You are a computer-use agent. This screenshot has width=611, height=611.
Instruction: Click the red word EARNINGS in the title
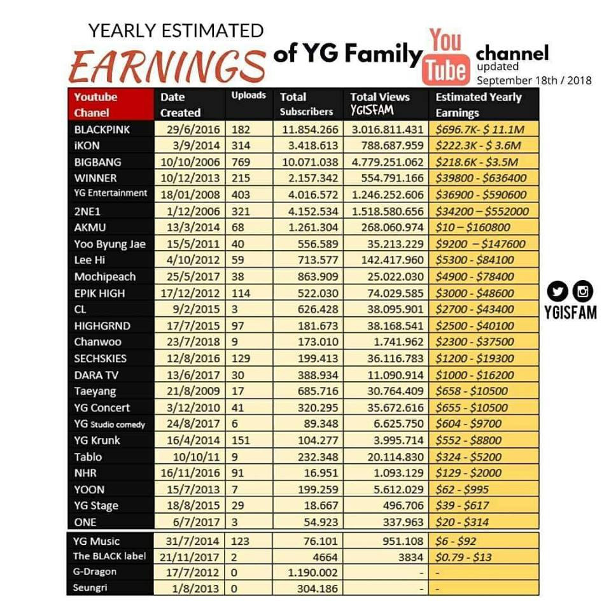click(167, 66)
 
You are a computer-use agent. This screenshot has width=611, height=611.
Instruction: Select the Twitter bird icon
click(558, 291)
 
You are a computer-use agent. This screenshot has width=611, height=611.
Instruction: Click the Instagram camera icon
click(583, 291)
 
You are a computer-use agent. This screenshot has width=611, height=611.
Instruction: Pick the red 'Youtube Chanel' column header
click(110, 105)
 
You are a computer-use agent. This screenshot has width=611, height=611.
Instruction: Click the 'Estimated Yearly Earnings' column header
click(478, 105)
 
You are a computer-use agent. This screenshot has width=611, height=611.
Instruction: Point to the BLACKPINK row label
click(102, 129)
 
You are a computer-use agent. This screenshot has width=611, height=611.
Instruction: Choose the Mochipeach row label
click(105, 277)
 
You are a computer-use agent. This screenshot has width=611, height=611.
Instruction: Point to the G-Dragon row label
click(95, 572)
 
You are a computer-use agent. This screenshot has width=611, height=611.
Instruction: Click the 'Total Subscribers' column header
click(306, 104)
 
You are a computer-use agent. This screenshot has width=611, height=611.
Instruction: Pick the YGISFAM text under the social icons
click(570, 313)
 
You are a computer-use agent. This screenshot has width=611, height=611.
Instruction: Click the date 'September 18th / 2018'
click(533, 80)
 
